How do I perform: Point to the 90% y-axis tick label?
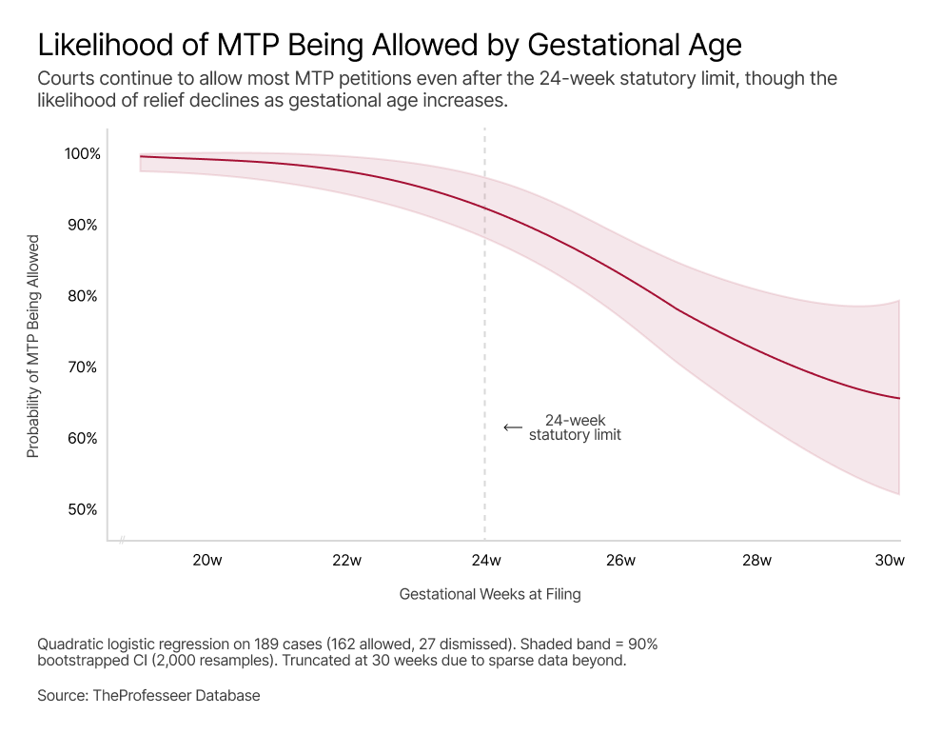tap(82, 226)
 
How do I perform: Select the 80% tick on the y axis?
tap(82, 296)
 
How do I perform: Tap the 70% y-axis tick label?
tap(82, 367)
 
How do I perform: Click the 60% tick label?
tap(82, 439)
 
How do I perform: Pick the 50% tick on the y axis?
tap(82, 509)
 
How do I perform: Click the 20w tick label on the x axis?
tap(207, 561)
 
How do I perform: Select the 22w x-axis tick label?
tap(346, 561)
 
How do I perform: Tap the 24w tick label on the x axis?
tap(485, 561)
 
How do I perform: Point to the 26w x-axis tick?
tap(620, 561)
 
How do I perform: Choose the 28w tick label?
tap(756, 561)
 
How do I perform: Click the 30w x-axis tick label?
tap(890, 561)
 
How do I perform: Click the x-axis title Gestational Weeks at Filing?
tap(489, 594)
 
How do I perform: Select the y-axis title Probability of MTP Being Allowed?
tap(33, 346)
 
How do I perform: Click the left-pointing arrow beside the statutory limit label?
tap(513, 428)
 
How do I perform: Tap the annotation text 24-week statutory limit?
tap(575, 427)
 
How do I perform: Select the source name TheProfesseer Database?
tap(176, 696)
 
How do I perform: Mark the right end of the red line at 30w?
tap(899, 398)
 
